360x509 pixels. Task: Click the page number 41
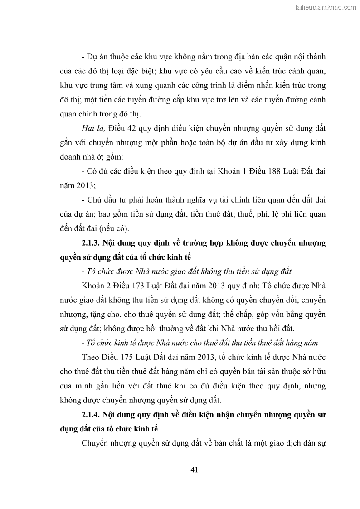(x=194, y=470)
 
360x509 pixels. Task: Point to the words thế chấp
(x=227, y=314)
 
